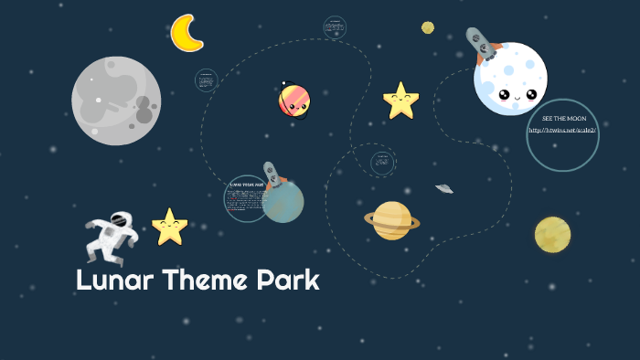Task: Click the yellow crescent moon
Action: [186, 33]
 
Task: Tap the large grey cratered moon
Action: [116, 101]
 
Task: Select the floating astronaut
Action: [112, 236]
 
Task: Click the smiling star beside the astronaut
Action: [169, 228]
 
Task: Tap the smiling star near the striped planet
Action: [400, 101]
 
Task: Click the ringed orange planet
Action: [392, 220]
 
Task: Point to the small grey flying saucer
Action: [444, 188]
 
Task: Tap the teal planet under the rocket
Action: [283, 204]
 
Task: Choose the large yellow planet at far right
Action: [552, 235]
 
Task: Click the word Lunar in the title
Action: [114, 281]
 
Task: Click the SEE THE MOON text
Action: [563, 119]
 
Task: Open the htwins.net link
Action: [562, 131]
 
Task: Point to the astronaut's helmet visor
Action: [121, 220]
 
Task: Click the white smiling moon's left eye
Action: [503, 93]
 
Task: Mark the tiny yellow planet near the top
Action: [428, 27]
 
